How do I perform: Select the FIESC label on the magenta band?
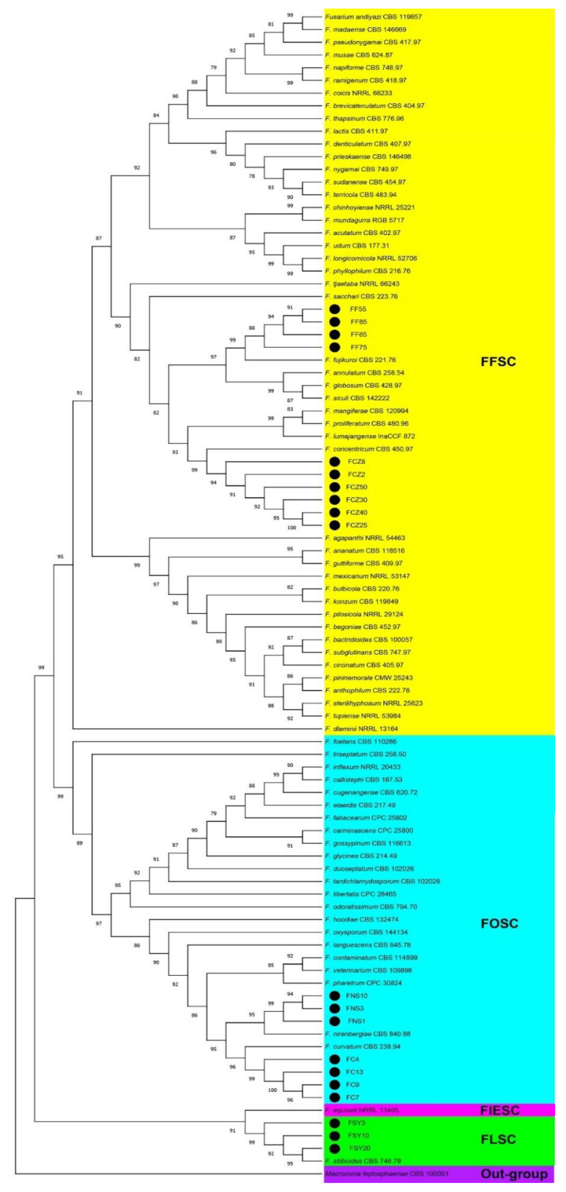click(x=500, y=1110)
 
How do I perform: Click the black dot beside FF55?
click(x=334, y=309)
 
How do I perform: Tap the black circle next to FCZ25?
click(x=334, y=525)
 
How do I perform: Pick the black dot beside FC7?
click(x=334, y=1097)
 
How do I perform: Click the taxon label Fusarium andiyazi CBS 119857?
click(x=373, y=17)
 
